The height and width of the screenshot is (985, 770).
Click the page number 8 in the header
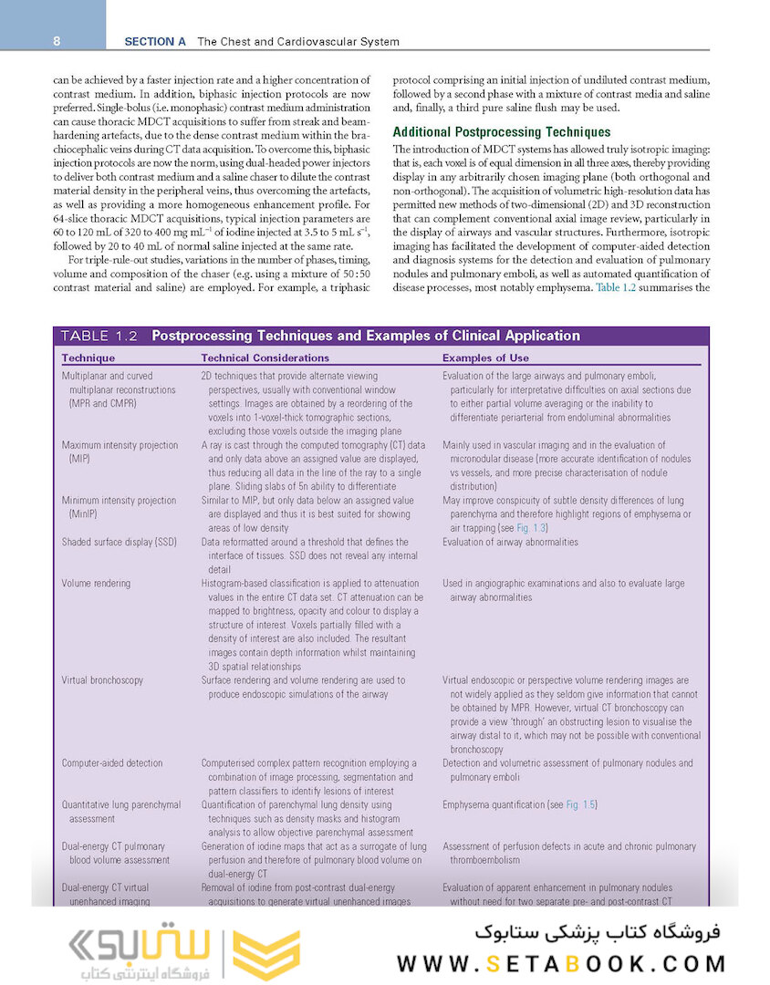coord(57,41)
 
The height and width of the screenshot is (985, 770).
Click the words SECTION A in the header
coord(155,41)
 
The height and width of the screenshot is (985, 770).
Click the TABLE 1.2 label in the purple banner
coord(99,336)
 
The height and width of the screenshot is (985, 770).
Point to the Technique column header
coord(88,358)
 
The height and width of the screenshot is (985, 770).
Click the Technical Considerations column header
coord(265,358)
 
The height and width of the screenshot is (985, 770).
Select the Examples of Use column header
coord(485,358)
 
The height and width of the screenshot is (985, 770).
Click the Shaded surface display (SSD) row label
coord(120,542)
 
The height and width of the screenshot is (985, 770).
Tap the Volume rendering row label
coord(96,583)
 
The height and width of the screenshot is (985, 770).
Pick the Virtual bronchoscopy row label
coord(102,679)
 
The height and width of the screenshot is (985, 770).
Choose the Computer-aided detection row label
coord(112,763)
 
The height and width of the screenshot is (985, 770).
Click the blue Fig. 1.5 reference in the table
coord(581,805)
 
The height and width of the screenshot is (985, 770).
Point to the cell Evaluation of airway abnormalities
coord(510,542)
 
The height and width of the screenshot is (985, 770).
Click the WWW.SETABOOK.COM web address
coord(561,963)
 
